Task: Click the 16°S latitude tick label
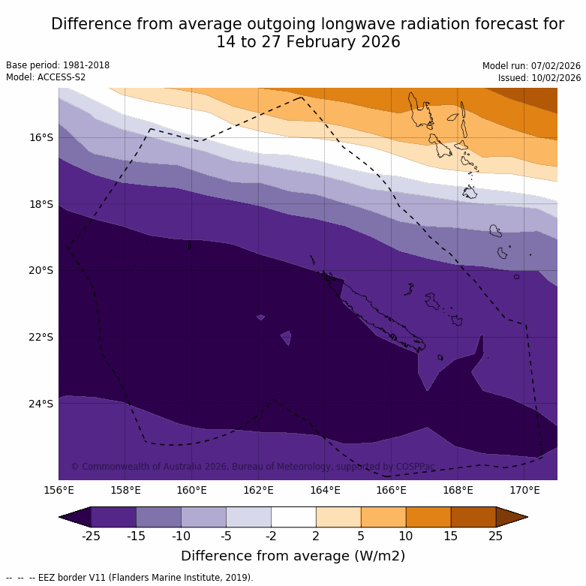(41, 137)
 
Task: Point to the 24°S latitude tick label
(41, 404)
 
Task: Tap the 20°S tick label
(41, 270)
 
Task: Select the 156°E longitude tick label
(59, 491)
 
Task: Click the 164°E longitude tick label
(325, 491)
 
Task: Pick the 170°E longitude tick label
(524, 491)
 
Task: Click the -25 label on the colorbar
(91, 535)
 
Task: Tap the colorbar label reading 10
(406, 535)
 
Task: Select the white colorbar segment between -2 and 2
(293, 517)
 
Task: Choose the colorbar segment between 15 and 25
(473, 517)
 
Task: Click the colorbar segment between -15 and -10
(158, 517)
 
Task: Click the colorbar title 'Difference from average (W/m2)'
(293, 556)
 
